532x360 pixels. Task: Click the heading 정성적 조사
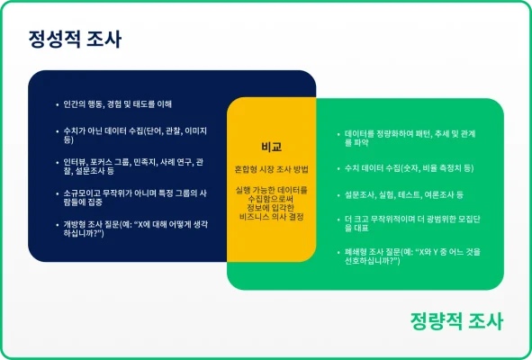pos(74,40)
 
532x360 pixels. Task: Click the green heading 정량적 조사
pos(455,321)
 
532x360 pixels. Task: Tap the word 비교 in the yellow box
pos(271,146)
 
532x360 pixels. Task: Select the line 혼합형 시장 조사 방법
pos(271,168)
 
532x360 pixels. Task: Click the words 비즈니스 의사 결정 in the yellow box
pos(271,218)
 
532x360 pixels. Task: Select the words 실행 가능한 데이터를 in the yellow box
pos(271,191)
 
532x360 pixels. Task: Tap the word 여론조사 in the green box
pos(434,193)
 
